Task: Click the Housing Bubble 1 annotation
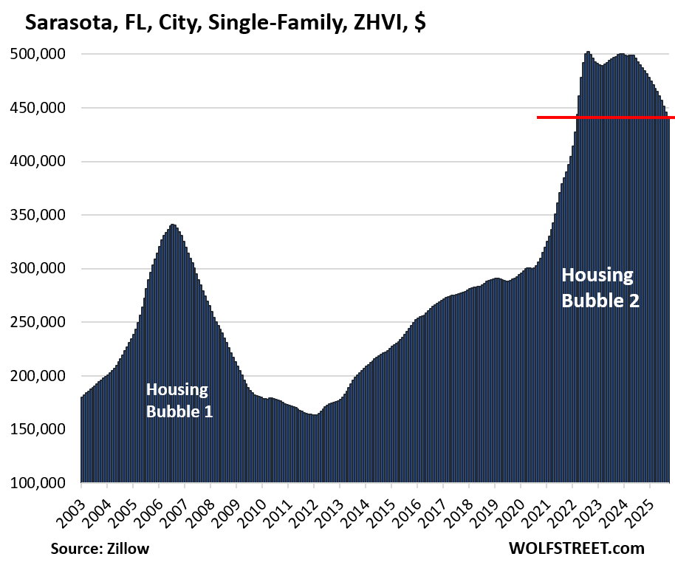(x=179, y=400)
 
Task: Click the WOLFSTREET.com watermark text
(x=576, y=549)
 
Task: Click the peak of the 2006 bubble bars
(x=172, y=226)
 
